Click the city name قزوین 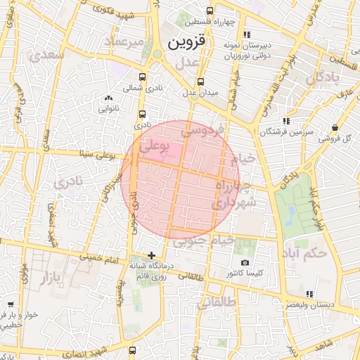click(188, 43)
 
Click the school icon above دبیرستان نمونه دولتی click(246, 34)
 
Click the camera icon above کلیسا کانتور click(245, 262)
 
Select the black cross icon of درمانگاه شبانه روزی click(151, 255)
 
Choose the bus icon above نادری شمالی click(143, 77)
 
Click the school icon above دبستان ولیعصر click(309, 294)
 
